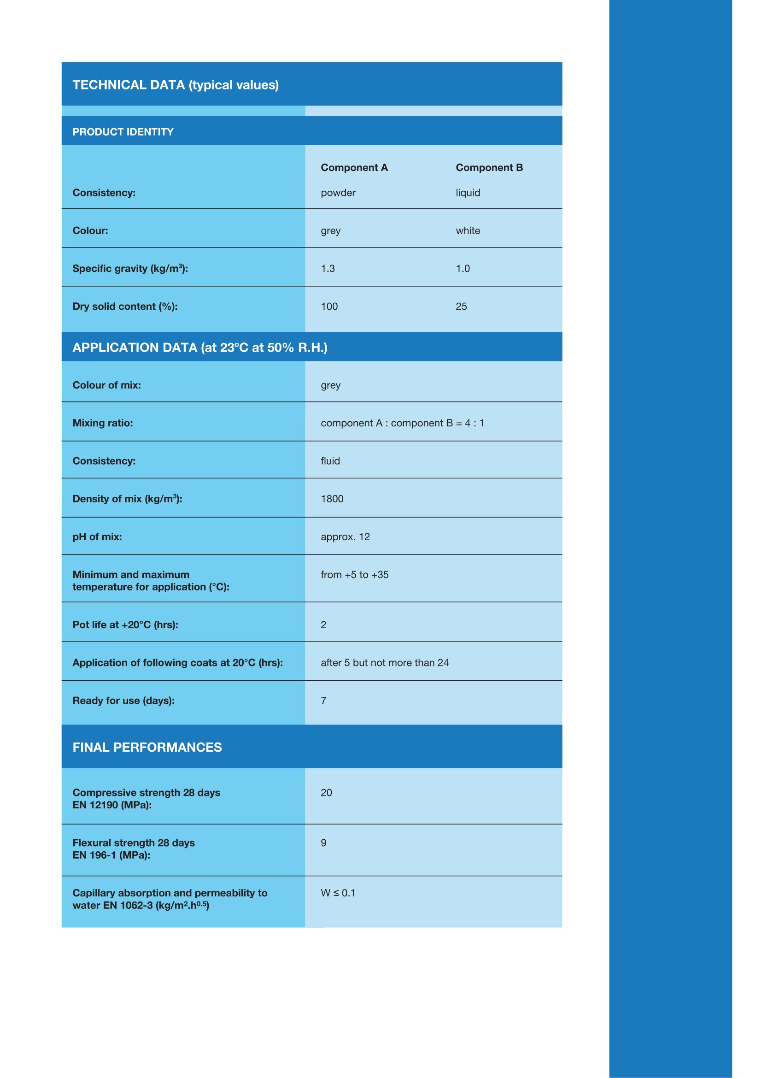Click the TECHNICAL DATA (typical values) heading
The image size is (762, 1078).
point(176,85)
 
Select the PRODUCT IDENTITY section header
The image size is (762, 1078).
point(123,132)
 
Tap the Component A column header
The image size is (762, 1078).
point(354,168)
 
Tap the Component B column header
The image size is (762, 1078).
point(489,168)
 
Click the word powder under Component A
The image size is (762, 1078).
point(338,193)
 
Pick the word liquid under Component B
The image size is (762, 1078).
point(468,193)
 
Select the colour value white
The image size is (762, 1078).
point(468,230)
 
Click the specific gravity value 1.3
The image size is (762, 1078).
point(328,269)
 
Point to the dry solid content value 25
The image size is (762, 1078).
point(461,306)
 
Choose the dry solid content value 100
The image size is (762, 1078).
point(329,306)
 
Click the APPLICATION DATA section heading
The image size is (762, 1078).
point(200,348)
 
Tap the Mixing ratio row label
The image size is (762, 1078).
point(103,423)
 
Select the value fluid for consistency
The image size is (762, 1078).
point(330,461)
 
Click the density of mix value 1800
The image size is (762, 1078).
point(332,499)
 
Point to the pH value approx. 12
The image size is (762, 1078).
point(345,536)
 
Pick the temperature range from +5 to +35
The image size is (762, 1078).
point(354,575)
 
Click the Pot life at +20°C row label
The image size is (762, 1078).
point(125,625)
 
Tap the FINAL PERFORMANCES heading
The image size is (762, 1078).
point(147,748)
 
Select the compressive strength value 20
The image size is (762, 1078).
point(326,793)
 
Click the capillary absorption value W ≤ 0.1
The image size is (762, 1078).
point(338,893)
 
